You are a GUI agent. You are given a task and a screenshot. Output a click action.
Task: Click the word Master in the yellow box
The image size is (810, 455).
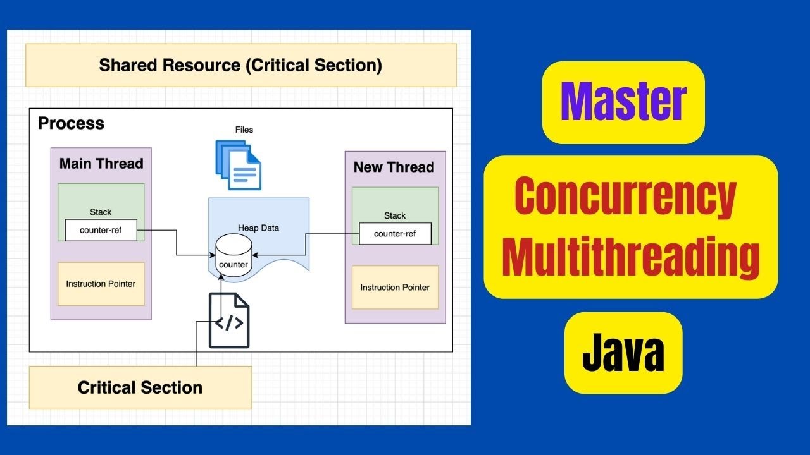click(x=623, y=102)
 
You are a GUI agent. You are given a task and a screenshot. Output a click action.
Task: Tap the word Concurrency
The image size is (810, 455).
click(x=626, y=197)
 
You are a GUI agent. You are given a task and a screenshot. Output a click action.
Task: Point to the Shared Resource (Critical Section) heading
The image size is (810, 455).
click(x=240, y=65)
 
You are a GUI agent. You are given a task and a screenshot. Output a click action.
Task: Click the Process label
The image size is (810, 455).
click(x=71, y=123)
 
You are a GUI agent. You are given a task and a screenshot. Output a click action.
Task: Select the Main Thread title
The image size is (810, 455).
click(x=101, y=164)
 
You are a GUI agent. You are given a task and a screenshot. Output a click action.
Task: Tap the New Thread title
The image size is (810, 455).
click(x=394, y=167)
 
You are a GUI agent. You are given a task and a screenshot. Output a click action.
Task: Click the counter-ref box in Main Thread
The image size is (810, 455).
click(x=101, y=230)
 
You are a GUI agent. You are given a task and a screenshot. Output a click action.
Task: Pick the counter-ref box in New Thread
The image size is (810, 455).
click(x=395, y=234)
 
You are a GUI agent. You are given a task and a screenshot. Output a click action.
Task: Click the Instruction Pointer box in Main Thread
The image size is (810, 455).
click(x=101, y=284)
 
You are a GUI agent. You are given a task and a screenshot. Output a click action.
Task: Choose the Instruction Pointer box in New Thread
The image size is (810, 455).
click(x=395, y=288)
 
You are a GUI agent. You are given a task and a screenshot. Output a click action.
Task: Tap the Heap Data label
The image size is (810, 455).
click(x=258, y=227)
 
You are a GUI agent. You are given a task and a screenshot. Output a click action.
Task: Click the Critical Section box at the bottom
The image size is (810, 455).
click(x=140, y=387)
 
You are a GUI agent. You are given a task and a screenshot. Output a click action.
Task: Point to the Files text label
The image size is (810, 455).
click(x=244, y=130)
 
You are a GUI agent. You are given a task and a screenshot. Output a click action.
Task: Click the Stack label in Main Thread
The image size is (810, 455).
click(x=101, y=212)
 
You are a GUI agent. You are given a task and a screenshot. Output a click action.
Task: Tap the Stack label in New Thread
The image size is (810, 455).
click(x=395, y=215)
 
